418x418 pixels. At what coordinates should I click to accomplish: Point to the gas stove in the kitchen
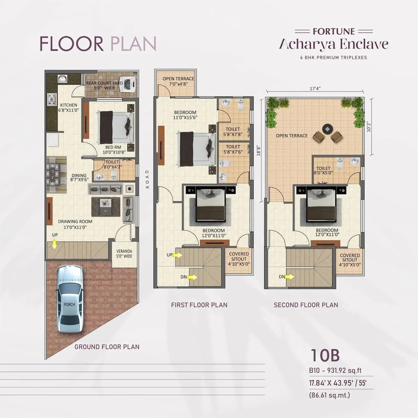pos(52,99)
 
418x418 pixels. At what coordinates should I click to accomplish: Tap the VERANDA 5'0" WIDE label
pos(124,254)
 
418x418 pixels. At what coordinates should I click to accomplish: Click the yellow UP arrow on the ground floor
pos(55,244)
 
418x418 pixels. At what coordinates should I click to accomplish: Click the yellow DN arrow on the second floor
pos(290,277)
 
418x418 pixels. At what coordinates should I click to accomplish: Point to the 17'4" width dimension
pos(315,89)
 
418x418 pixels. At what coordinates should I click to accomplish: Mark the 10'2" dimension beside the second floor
pos(369,127)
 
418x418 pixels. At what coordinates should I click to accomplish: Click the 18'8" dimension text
pos(259,151)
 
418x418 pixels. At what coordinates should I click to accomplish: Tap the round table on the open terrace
pos(327,129)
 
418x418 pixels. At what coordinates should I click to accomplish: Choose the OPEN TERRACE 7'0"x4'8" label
pos(178,81)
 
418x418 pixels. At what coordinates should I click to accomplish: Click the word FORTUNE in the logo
pos(334,31)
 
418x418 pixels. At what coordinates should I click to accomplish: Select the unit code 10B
pos(325,355)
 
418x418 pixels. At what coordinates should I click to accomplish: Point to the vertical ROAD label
pos(147,179)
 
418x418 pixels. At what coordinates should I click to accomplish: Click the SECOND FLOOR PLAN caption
pos(306,305)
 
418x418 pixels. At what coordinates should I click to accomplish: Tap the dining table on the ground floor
pos(53,175)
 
